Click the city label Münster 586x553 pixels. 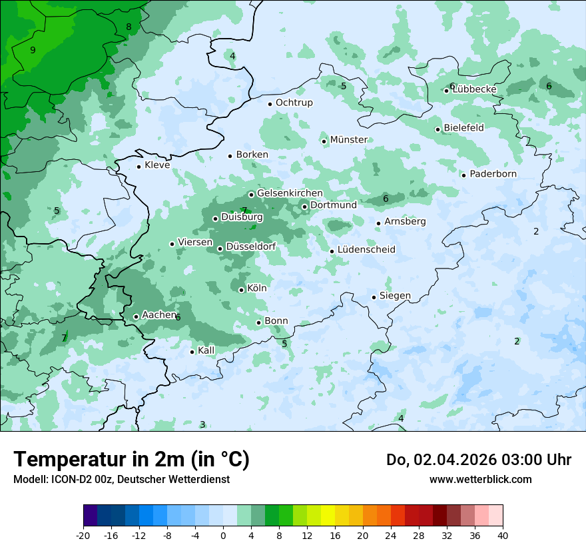point(348,140)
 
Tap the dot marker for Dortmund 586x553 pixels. point(304,207)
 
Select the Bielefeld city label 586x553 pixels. point(463,128)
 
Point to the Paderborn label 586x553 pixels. point(493,174)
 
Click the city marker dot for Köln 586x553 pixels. point(241,290)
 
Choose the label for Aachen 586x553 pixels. point(159,315)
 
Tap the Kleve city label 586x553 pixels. point(157,165)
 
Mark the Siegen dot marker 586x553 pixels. point(374,297)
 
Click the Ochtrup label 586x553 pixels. point(294,103)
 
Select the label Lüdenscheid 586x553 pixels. point(366,250)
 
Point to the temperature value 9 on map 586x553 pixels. point(33,50)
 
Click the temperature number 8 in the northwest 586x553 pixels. point(129,27)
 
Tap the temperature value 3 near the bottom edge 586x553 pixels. point(202,424)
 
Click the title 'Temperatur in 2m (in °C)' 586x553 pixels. point(131,460)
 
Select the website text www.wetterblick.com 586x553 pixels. point(480,479)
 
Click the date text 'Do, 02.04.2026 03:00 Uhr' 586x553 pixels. point(478,460)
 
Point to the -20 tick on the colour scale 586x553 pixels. point(83,535)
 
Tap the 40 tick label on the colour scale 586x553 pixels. point(503,535)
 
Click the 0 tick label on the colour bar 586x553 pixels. point(223,535)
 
